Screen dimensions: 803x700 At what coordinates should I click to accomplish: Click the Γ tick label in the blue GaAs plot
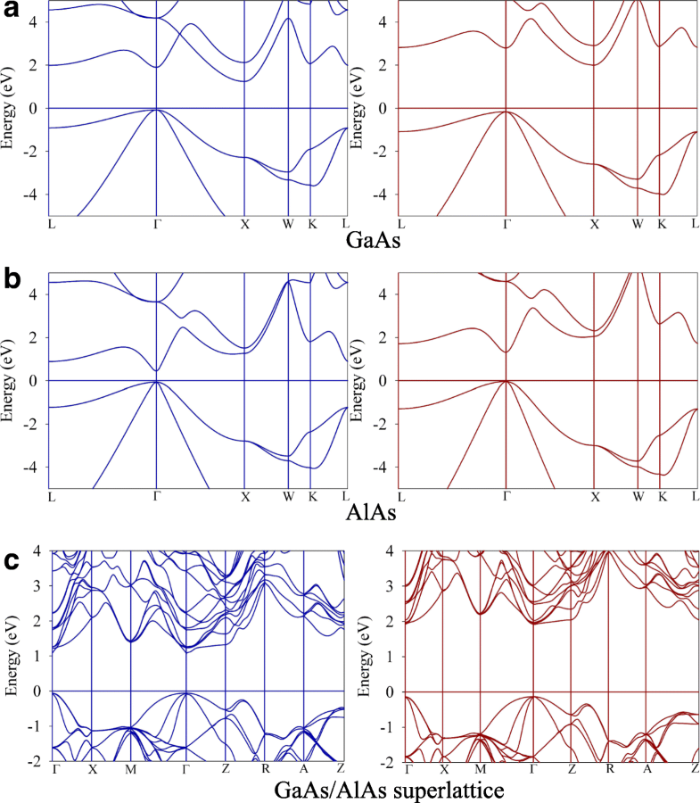[x=156, y=222]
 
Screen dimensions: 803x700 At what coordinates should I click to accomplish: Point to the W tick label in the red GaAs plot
[x=638, y=222]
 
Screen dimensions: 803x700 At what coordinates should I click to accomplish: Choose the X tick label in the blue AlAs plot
[x=244, y=495]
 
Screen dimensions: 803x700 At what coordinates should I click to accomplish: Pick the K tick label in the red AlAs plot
[x=661, y=495]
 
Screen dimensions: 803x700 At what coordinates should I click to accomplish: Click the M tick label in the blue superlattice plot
[x=130, y=768]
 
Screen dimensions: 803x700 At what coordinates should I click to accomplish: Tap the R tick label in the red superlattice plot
[x=610, y=768]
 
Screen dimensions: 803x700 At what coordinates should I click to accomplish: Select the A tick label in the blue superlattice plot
[x=303, y=768]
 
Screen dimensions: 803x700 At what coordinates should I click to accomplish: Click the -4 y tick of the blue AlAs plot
[x=35, y=467]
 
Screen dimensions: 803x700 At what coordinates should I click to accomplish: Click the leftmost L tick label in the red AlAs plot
[x=401, y=495]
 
